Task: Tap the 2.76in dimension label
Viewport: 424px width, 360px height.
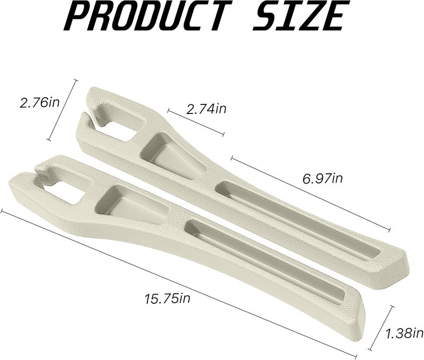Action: click(x=39, y=102)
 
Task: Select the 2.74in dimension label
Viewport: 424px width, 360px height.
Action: click(x=206, y=109)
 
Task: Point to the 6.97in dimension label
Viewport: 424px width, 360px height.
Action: click(x=323, y=179)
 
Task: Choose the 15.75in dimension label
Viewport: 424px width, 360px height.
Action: click(x=167, y=298)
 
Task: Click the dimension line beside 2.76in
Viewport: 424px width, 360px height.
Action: click(x=62, y=110)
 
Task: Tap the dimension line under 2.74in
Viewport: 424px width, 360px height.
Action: click(x=196, y=122)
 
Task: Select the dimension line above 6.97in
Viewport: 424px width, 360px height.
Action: click(x=311, y=194)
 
